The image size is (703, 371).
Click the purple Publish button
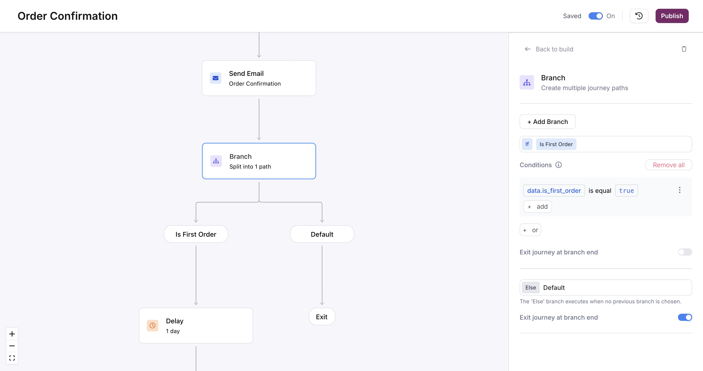coord(672,16)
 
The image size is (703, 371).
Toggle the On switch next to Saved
coord(596,16)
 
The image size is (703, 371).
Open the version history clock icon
coord(639,16)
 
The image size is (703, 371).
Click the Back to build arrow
coord(528,49)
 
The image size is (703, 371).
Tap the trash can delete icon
coord(684,49)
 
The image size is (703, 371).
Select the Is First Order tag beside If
coord(556,144)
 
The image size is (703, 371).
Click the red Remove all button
coord(669,165)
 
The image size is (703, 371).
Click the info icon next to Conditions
coord(559,165)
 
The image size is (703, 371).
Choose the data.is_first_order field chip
coord(554,191)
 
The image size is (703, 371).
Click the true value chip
coord(626,191)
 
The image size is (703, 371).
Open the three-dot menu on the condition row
coord(680,190)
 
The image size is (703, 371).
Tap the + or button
coord(530,230)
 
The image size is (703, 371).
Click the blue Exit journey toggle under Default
coord(685,317)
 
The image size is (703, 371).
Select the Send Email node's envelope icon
coord(216,78)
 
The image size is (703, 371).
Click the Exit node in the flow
coord(322,317)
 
